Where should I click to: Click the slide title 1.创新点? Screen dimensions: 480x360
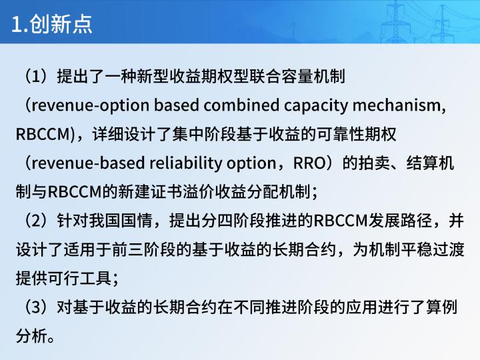point(52,24)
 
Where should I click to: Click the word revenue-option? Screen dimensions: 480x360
point(90,105)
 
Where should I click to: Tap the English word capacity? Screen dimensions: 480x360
point(316,105)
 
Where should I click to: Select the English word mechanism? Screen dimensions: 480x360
point(397,105)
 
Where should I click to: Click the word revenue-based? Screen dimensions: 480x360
point(88,163)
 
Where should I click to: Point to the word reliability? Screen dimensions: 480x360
point(186,163)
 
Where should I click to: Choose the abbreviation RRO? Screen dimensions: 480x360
point(309,163)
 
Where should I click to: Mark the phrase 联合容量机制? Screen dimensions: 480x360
point(297,76)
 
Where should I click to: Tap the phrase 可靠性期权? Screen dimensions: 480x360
point(356,135)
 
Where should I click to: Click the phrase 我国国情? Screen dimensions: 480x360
point(121,221)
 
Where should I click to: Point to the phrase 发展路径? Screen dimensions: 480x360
point(400,221)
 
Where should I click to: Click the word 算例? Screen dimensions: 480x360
point(442,307)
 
